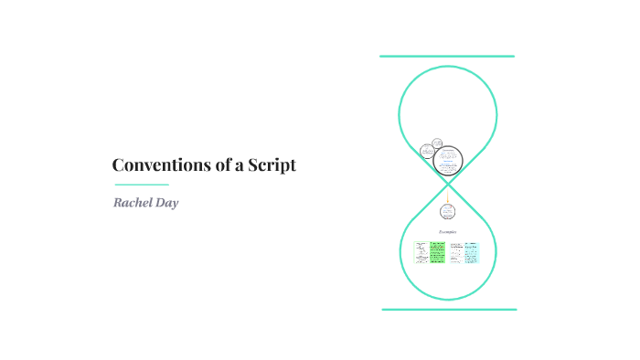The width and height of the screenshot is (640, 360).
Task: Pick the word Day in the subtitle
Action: click(166, 203)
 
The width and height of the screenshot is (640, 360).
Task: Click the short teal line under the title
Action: click(141, 185)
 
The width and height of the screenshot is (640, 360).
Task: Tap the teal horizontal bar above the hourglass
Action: click(447, 57)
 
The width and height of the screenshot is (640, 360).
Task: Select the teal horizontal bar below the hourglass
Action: click(449, 310)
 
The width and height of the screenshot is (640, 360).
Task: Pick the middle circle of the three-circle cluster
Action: click(437, 143)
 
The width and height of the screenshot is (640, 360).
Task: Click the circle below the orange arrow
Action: click(447, 212)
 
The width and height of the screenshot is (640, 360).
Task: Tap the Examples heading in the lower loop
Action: click(447, 233)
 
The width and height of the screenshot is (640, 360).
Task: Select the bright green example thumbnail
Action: click(436, 251)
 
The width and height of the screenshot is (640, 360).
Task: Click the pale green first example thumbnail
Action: click(420, 251)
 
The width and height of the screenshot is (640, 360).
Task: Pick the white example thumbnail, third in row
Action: click(454, 251)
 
